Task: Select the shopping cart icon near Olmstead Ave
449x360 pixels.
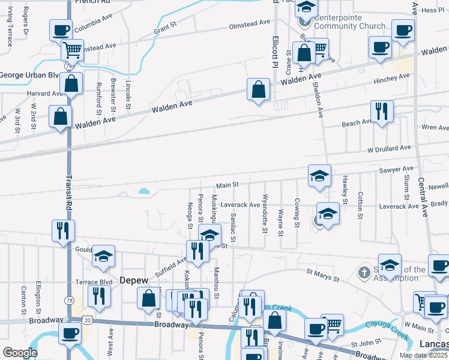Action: [72, 50]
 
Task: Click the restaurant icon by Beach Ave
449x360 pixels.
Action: [382, 111]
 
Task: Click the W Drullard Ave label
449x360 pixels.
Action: [389, 148]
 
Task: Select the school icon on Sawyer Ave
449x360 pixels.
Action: [319, 176]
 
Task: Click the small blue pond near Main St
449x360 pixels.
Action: [144, 192]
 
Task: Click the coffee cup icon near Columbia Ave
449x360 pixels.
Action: [61, 30]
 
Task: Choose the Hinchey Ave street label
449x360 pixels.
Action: [391, 77]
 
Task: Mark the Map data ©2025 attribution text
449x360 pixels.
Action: [423, 355]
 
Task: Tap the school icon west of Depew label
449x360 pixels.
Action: [103, 257]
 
